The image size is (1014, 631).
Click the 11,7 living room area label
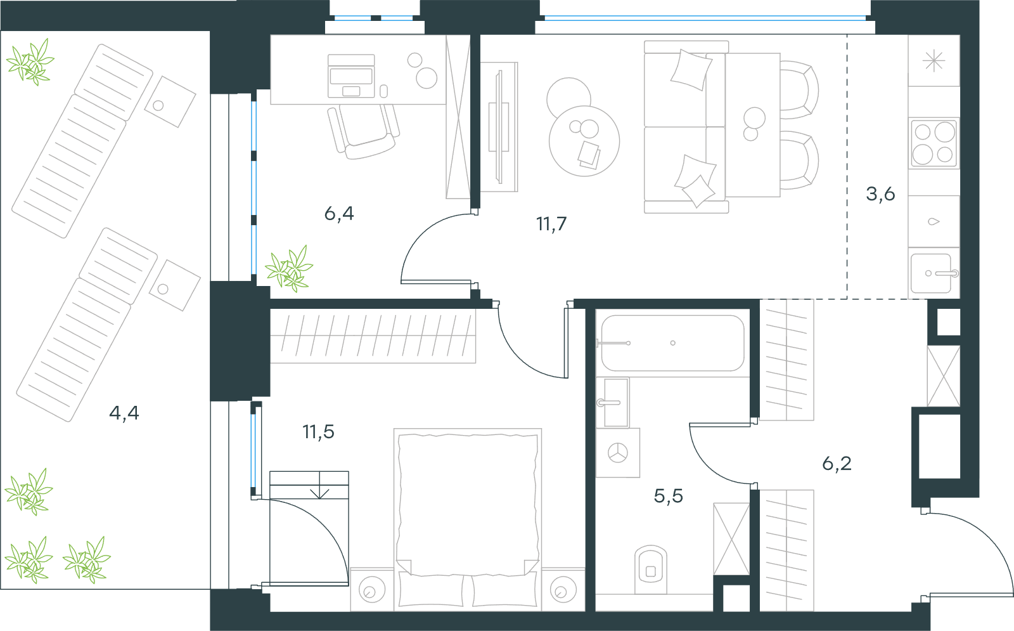pos(551,224)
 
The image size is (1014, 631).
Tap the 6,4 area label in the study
pos(339,213)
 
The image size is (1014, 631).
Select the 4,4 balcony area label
pos(124,413)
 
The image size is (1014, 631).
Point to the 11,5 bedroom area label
pos(319,432)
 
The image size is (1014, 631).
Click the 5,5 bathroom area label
pos(668,496)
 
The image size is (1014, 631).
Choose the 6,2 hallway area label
pos(837,464)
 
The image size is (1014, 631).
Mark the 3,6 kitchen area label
pos(880,194)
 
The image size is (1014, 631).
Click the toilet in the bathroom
pos(651,569)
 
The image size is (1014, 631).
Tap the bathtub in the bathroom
pos(672,343)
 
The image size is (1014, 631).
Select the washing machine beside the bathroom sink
pos(618,453)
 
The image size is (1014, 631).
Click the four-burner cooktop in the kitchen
pos(934,143)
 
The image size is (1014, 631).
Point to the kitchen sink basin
pos(931,273)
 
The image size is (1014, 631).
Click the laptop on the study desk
pos(351,76)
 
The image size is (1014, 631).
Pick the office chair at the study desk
pos(364,131)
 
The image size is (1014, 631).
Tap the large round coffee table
pos(584,141)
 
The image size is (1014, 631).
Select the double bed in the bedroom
pos(468,519)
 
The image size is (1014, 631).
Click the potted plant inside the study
pos(289,269)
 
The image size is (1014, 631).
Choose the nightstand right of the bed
pos(563,589)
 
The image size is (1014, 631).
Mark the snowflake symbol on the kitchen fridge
pos(934,61)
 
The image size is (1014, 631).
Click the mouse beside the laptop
pos(383,91)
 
